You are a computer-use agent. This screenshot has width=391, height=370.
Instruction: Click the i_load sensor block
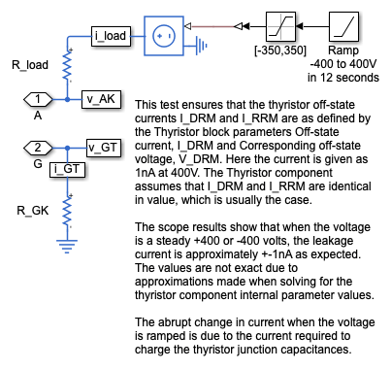111,36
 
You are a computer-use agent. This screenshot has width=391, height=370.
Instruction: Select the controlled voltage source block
164,36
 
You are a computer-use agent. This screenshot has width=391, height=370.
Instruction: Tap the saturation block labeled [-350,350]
280,26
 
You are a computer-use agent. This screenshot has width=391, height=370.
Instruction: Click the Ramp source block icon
343,26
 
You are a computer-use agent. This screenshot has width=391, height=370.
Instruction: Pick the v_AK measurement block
101,99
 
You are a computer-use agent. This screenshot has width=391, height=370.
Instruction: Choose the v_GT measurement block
104,148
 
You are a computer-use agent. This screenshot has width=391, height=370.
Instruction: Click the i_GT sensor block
67,170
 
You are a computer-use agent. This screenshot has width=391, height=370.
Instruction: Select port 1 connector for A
38,99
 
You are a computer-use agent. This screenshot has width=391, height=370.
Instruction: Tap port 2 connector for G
38,148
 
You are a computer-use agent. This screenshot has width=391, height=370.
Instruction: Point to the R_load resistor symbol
67,66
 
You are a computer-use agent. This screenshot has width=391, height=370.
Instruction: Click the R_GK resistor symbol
67,212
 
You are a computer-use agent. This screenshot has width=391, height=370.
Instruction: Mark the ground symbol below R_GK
67,247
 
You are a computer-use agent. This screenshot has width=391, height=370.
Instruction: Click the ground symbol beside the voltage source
201,46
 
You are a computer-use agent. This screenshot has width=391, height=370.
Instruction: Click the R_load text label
30,65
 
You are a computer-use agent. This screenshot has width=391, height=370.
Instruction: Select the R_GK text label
33,211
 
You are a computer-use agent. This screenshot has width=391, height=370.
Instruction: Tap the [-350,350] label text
280,50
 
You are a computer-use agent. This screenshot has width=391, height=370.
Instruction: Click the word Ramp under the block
343,50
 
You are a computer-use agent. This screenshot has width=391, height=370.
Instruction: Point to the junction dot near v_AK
67,99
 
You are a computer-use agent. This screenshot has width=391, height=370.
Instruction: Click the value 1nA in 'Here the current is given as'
146,173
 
